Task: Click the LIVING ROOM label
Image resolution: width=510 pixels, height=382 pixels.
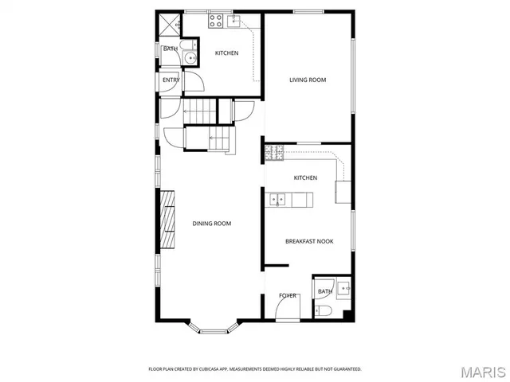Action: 308,80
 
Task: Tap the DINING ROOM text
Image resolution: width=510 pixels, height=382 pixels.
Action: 212,224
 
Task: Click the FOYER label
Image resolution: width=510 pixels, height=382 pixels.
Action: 288,295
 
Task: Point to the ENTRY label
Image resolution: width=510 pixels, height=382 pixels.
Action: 171,80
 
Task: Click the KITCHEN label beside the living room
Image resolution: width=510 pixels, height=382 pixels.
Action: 226,53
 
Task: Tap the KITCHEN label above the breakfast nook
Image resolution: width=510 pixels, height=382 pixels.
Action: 305,177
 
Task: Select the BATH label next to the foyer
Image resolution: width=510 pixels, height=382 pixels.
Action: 324,292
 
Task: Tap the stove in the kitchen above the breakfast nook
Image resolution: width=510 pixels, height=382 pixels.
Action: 271,150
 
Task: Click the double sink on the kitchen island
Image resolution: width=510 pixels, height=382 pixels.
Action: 277,199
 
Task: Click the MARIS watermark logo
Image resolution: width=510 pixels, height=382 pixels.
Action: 482,371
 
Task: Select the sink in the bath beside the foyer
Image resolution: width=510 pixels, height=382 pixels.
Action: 342,287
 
